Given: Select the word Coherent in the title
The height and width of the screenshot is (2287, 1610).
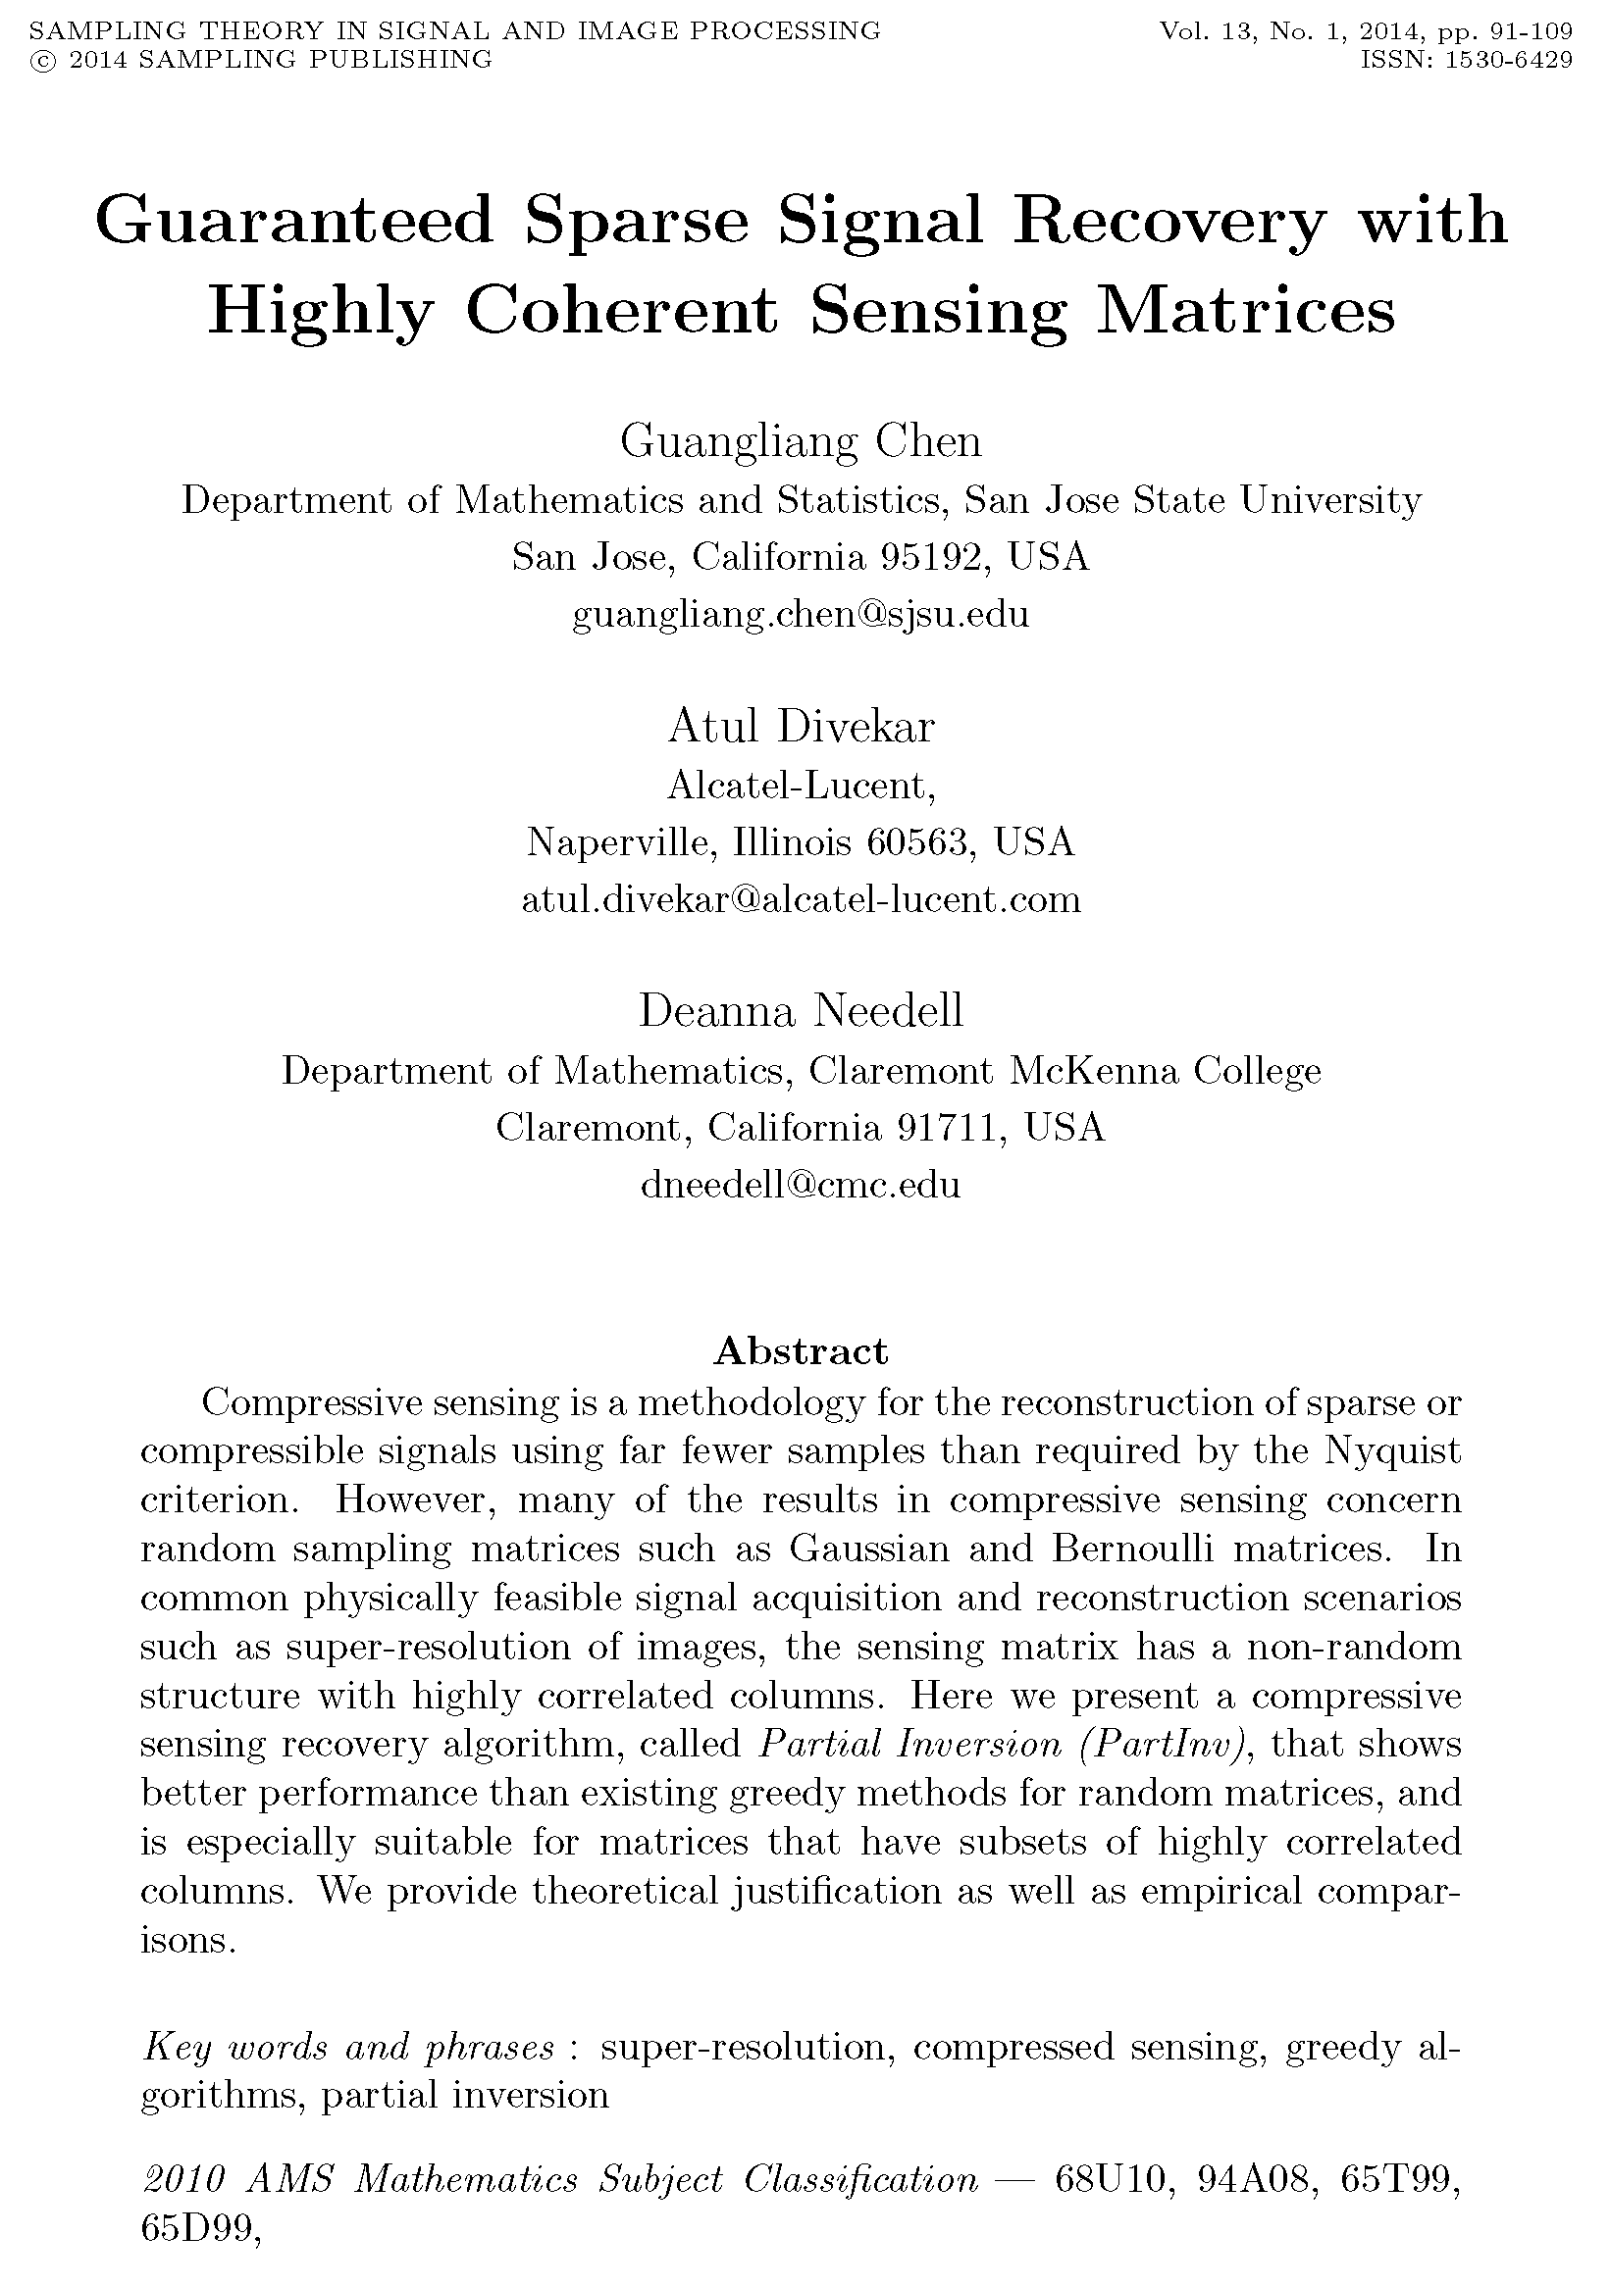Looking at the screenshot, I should pos(621,311).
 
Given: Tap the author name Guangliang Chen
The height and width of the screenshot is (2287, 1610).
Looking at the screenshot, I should pos(801,441).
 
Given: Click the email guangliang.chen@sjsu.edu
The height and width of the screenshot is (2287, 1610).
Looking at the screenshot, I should pos(801,615).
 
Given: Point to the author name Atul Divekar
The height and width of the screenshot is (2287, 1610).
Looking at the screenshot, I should pos(801,726).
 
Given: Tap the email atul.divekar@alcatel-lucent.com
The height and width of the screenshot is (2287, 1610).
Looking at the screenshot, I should pos(801,899).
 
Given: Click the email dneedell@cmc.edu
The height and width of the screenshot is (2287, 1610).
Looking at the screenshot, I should pos(801,1185).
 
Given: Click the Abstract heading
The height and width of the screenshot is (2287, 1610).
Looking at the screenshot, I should pos(801,1351).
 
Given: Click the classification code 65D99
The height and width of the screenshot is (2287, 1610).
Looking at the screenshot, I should pos(197,2229).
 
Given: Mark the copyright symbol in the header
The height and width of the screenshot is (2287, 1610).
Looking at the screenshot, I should pos(43,61).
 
